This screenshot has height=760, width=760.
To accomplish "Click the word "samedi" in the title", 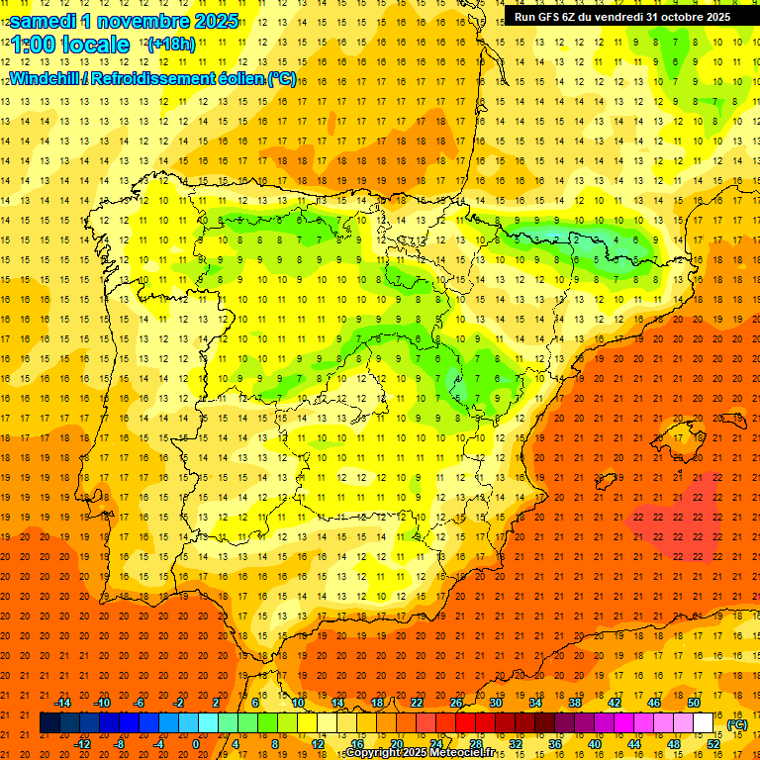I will coord(43,21).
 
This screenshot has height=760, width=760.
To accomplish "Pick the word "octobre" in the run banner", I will coord(677,17).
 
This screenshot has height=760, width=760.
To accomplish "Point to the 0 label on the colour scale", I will coord(196,744).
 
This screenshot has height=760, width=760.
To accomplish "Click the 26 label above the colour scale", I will coord(456,703).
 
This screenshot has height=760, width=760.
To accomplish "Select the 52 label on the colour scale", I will coord(713,744).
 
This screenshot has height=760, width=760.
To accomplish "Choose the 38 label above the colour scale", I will coord(575,703).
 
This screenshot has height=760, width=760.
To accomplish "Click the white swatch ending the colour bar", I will coord(704,723).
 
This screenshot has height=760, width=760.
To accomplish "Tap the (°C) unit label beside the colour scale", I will coord(736,724).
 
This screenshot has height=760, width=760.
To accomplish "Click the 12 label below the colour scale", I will coord(318,744).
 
